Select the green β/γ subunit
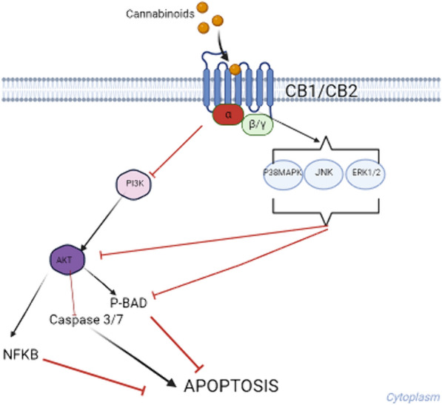(x=258, y=127)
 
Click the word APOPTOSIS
(x=231, y=385)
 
